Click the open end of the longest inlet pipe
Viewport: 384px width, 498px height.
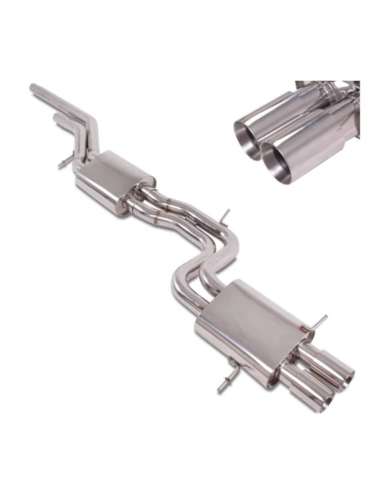pos(33,88)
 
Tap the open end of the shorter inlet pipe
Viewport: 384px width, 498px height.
pos(56,118)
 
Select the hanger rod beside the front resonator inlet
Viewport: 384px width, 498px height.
pos(64,164)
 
